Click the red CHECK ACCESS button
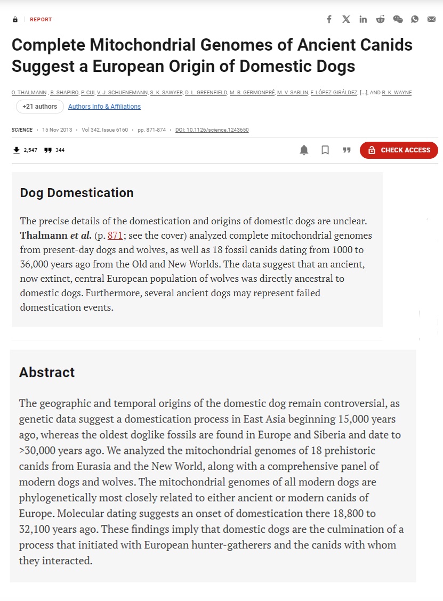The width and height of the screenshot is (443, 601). click(x=399, y=150)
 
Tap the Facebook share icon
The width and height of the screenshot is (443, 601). click(x=329, y=19)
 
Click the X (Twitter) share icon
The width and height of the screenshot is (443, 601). click(x=346, y=19)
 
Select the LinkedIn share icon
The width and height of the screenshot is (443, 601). click(x=363, y=19)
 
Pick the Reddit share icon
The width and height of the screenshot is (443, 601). click(x=380, y=19)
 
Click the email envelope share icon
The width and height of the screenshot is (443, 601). click(x=431, y=19)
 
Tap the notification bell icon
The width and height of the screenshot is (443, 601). click(x=304, y=150)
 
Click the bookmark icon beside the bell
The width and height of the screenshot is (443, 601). click(x=325, y=150)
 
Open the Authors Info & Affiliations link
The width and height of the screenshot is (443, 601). click(x=104, y=107)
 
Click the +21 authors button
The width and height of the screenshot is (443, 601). click(x=39, y=107)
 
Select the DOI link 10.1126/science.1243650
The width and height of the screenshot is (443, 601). click(x=212, y=130)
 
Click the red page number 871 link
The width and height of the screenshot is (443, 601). click(x=115, y=235)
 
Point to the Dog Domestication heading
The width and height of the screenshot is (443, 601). click(x=77, y=193)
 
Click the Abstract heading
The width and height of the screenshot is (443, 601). click(x=47, y=372)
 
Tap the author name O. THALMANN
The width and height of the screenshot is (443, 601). click(x=29, y=93)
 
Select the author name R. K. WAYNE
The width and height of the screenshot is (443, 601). click(x=397, y=93)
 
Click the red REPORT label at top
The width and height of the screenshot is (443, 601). click(x=41, y=20)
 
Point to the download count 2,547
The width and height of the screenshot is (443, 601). click(x=30, y=150)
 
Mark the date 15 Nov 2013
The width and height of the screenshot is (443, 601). click(x=57, y=130)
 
